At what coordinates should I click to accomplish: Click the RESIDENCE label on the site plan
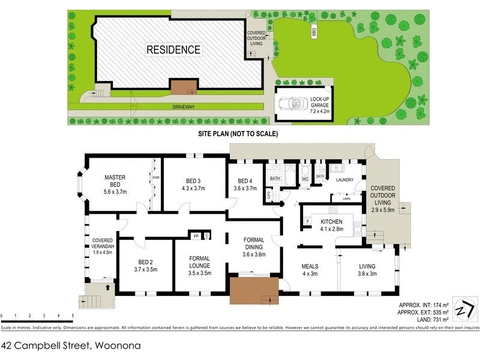(x=173, y=49)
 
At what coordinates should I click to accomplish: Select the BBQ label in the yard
(x=313, y=32)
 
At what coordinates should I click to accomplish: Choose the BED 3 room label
(x=193, y=184)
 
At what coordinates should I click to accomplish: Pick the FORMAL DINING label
(x=253, y=246)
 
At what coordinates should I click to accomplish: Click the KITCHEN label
(x=331, y=225)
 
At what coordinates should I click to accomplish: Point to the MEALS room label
(x=310, y=269)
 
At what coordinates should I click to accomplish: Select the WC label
(x=305, y=179)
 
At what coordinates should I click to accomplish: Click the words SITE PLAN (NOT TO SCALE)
(x=238, y=134)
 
